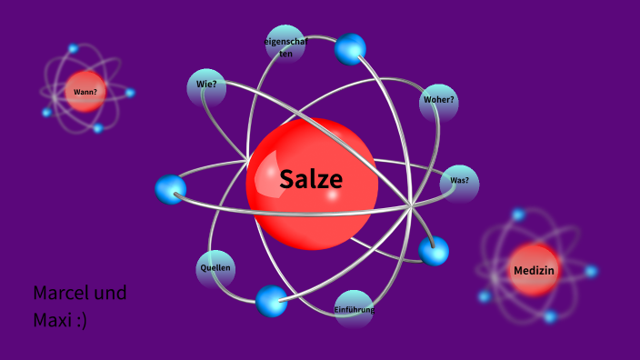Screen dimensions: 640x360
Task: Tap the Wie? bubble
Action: [x=205, y=85]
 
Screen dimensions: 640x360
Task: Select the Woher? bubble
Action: [x=438, y=102]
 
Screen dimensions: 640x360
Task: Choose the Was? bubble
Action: [x=459, y=182]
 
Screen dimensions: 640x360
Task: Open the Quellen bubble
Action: [x=215, y=268]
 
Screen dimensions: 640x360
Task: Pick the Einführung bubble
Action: [x=354, y=309]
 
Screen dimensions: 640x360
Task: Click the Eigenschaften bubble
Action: [x=285, y=45]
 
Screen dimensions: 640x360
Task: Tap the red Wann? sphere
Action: [x=85, y=92]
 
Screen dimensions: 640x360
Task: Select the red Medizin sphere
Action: [x=534, y=270]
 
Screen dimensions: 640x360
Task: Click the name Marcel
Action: [x=62, y=294]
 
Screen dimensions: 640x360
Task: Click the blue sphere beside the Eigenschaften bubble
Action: [x=349, y=49]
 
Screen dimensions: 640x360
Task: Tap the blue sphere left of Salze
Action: [x=170, y=189]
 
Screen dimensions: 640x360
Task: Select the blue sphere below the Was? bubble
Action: [x=434, y=251]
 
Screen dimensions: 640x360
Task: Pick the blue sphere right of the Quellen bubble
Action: [x=271, y=300]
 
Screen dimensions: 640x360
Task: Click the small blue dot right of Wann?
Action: [x=130, y=93]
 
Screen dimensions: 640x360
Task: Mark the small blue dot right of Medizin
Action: [x=591, y=271]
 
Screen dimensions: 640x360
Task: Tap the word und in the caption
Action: [x=111, y=294]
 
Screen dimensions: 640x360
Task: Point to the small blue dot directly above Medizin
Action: [x=518, y=215]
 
